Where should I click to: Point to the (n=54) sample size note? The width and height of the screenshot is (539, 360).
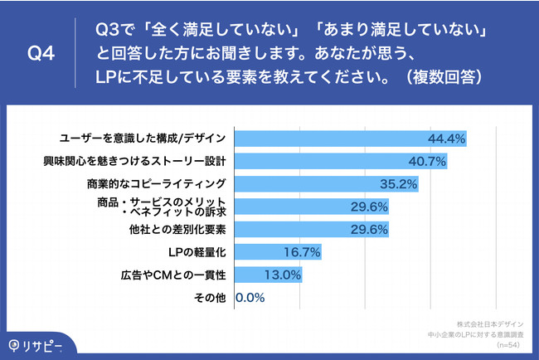(x=508, y=343)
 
